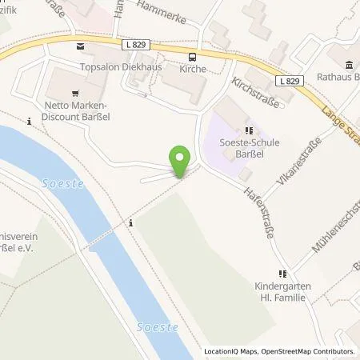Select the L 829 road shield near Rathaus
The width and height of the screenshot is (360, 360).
293,82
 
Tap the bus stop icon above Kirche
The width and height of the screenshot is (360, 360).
192,56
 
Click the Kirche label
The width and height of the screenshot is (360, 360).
193,70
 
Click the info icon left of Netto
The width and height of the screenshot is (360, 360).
30,122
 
